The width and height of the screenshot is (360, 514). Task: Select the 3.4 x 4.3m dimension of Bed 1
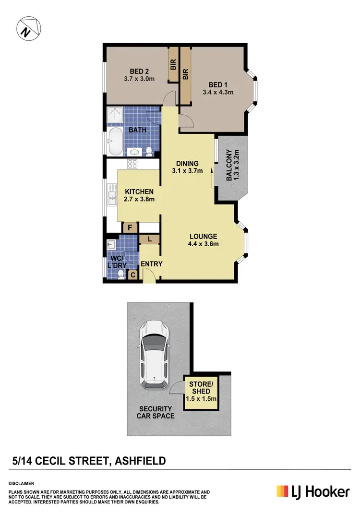tap(218, 92)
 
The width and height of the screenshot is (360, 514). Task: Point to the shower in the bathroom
tap(116, 115)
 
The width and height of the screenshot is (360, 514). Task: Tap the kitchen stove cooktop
tap(132, 164)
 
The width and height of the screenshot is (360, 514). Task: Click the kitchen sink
tap(112, 196)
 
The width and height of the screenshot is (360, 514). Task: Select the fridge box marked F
tap(130, 228)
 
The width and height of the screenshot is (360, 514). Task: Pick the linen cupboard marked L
tap(150, 239)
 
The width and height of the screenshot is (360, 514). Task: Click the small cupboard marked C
tap(133, 275)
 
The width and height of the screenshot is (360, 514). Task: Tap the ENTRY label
tap(152, 264)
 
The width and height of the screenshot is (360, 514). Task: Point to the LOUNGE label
tap(203, 236)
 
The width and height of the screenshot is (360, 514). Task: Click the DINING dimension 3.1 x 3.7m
tap(188, 171)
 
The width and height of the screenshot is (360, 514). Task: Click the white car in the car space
tap(155, 354)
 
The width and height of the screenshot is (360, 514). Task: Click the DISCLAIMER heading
tap(21, 483)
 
